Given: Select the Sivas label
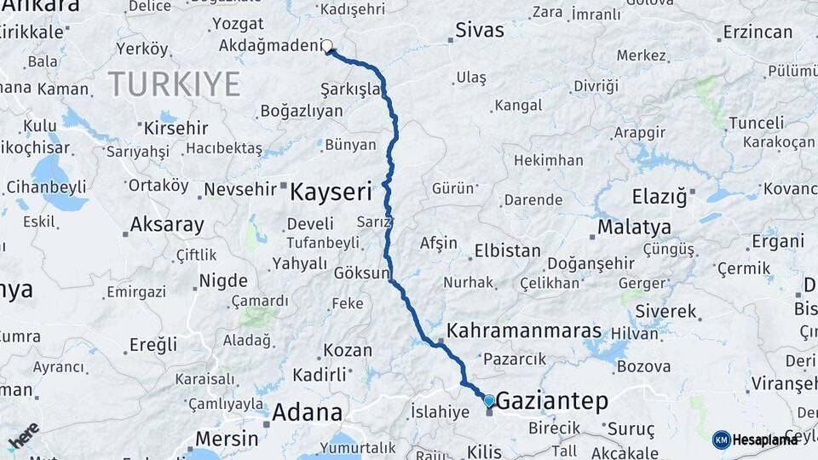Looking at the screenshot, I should [480, 31].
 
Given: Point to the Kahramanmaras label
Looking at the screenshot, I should [524, 331].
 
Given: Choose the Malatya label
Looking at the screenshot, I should [634, 227].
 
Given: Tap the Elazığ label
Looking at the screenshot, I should [659, 197].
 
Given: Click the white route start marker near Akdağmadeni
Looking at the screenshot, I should [326, 46].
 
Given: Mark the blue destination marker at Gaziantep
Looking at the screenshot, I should [488, 400].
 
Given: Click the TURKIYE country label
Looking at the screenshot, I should [174, 83].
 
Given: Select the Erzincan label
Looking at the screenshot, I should [758, 32].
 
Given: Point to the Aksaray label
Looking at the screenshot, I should [167, 226].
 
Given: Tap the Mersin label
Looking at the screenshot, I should [227, 439].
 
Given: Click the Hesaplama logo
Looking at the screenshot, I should [756, 440].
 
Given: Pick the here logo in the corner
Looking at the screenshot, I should [24, 436].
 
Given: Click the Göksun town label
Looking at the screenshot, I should [361, 273].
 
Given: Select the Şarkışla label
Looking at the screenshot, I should [350, 89].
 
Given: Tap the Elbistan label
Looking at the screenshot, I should [507, 250].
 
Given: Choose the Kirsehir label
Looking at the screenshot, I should [176, 128].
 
